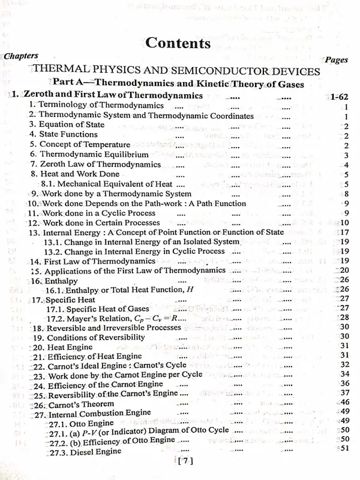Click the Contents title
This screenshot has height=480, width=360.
click(x=178, y=43)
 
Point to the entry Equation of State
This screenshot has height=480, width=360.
click(x=67, y=125)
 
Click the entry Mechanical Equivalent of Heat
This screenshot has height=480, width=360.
click(x=107, y=184)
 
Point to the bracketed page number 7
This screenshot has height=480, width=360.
click(x=184, y=461)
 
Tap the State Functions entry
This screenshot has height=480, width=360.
click(x=64, y=134)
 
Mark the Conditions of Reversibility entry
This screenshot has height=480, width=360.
click(x=89, y=337)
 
